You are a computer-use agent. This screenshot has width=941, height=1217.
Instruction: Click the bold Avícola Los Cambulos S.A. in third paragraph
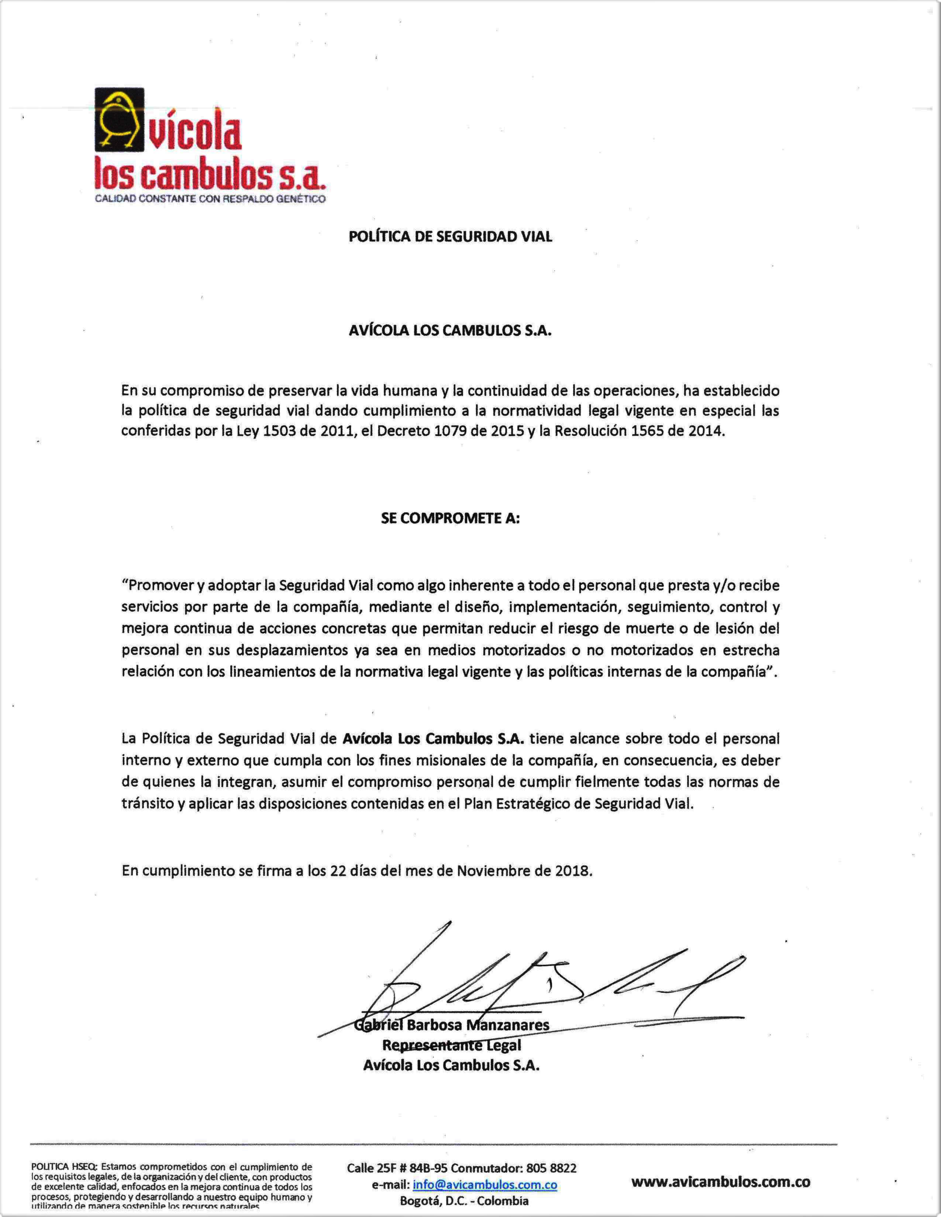(x=433, y=739)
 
